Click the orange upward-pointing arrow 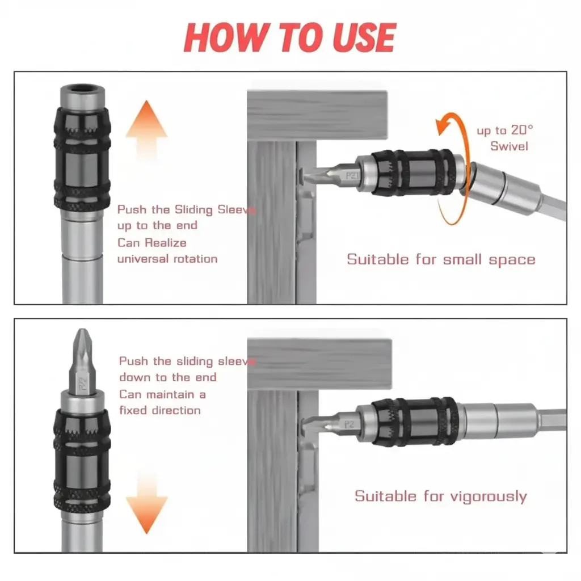146,128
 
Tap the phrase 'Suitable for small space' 441,260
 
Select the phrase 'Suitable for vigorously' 440,496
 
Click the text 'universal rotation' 167,259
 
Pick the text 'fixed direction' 160,410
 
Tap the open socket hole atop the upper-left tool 82,90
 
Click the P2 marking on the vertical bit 83,383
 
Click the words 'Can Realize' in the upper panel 151,242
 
